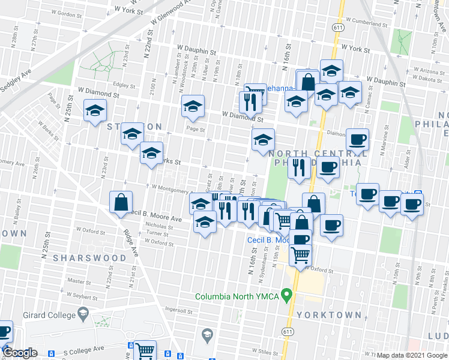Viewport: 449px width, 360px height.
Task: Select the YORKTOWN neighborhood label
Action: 336,315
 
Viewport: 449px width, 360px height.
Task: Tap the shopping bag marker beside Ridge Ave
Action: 121,203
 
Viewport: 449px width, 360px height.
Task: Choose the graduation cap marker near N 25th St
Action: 95,111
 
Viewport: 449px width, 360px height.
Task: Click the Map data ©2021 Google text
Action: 412,355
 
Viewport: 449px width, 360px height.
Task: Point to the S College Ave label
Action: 83,349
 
